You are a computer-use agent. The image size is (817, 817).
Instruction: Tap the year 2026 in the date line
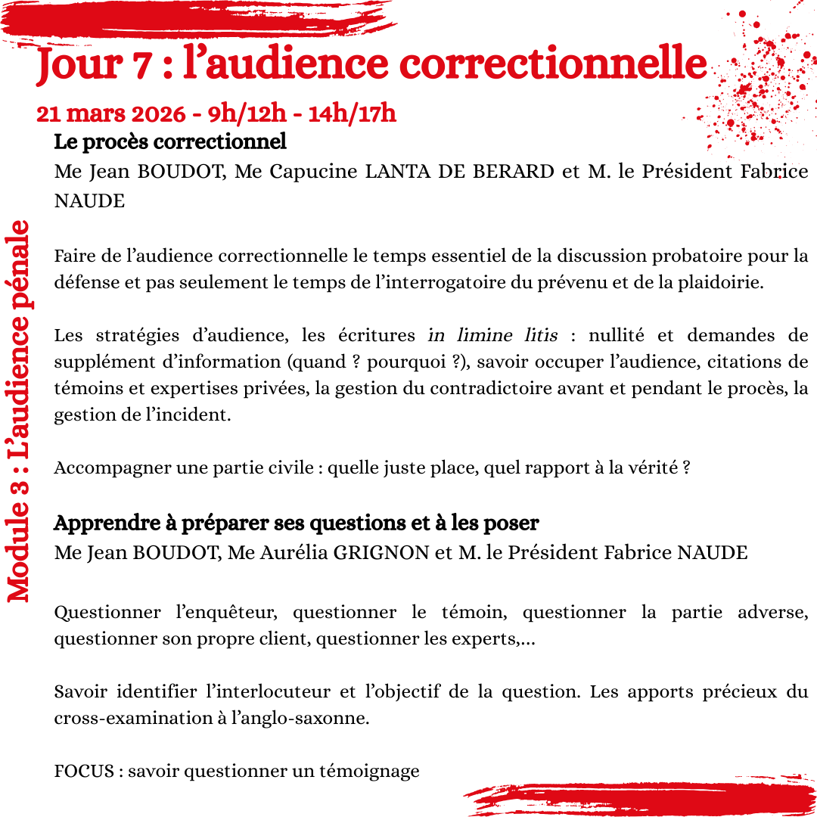click(154, 113)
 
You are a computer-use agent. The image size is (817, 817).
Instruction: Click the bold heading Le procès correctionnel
click(170, 141)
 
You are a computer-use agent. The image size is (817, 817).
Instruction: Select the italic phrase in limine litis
click(492, 335)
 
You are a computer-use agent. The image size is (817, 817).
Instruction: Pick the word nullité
click(616, 335)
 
